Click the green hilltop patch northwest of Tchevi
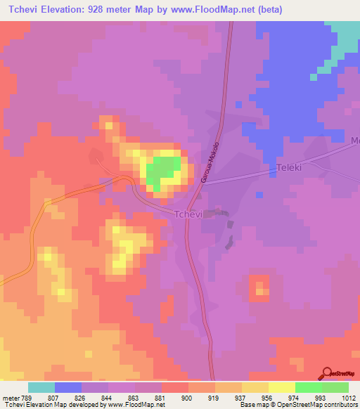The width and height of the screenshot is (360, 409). click(x=163, y=171)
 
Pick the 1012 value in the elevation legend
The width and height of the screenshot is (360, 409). click(x=349, y=398)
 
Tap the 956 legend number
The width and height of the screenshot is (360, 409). click(x=269, y=398)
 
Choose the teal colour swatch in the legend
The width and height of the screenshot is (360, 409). click(x=41, y=387)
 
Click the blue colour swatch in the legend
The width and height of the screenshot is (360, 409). click(x=68, y=387)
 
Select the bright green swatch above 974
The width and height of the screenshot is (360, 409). click(x=309, y=387)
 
